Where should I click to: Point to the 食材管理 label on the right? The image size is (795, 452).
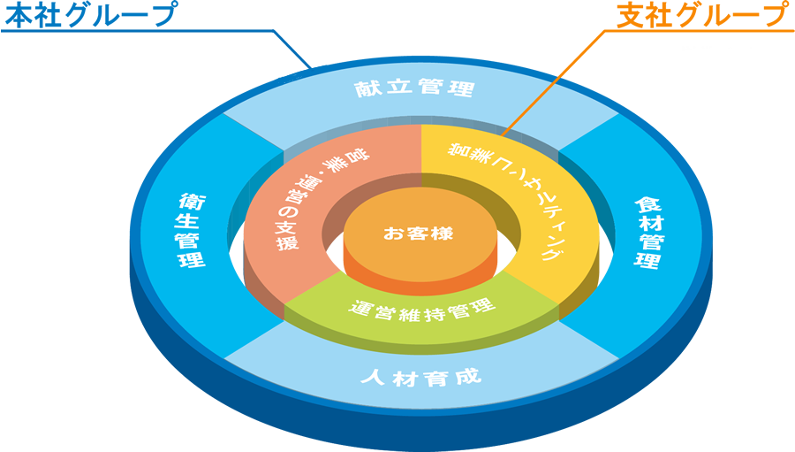650,233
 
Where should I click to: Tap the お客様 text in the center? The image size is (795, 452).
418,234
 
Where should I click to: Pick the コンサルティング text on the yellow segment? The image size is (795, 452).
512,195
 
